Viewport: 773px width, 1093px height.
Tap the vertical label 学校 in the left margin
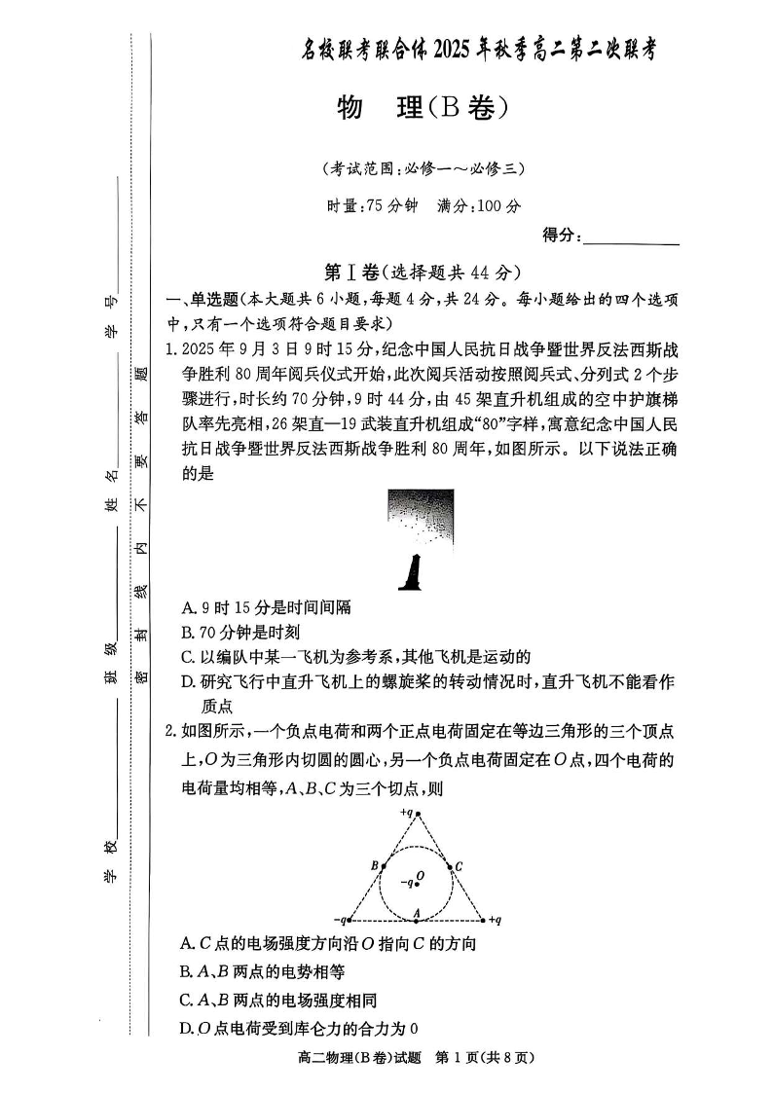110,862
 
